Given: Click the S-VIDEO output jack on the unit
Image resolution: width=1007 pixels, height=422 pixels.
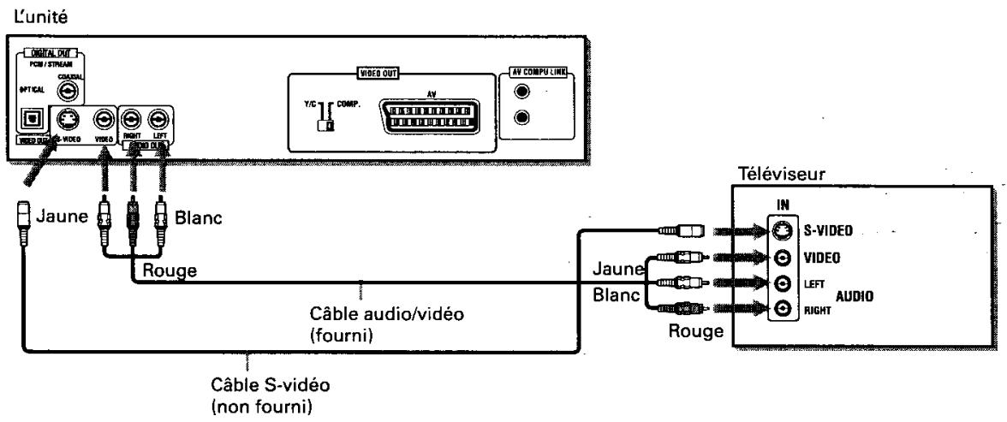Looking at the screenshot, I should tap(66, 120).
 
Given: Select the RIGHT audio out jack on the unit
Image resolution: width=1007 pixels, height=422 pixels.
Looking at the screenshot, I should tap(133, 120).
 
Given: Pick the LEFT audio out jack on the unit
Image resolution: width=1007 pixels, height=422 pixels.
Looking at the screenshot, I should tap(158, 120).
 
